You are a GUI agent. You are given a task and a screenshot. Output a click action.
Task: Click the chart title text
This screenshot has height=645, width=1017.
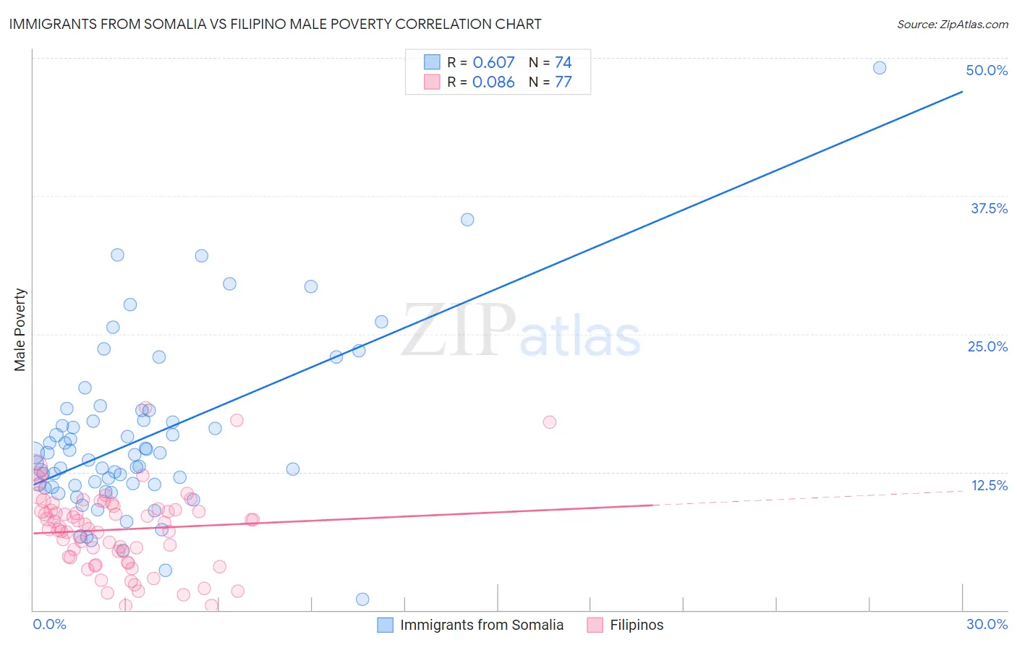coord(275,24)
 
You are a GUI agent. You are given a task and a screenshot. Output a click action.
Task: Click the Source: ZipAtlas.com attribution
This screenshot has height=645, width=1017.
coord(952,24)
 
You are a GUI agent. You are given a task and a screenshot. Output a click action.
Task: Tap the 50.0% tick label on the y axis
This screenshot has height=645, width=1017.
coord(987,70)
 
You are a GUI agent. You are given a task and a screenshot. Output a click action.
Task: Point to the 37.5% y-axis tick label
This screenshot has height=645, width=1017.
coord(989,208)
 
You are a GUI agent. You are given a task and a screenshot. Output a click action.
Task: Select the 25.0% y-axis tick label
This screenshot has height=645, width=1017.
coord(987,346)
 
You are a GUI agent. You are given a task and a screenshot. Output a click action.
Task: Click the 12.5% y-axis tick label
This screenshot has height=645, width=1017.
coord(989,485)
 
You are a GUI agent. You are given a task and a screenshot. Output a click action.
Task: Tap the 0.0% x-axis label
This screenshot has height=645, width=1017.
coord(49,624)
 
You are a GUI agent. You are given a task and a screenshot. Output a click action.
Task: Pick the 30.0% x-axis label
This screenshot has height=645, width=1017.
coord(987,624)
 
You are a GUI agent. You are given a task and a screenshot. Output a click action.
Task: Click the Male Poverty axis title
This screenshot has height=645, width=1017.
coord(20,330)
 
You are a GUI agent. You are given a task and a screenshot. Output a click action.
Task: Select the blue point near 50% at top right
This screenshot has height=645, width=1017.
coord(880,68)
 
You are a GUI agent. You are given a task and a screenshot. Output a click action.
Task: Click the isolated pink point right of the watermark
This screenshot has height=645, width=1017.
coord(550,422)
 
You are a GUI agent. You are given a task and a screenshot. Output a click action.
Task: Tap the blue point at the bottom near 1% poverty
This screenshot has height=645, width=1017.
coord(362,599)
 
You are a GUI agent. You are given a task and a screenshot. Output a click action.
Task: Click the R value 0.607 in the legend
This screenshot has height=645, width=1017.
coord(493,62)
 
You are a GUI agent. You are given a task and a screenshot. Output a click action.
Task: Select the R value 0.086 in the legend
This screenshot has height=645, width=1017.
coord(493,82)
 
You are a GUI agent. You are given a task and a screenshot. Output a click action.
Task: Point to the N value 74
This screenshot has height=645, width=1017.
coord(563,62)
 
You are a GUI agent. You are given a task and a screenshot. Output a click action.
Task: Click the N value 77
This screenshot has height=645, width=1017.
coord(563,82)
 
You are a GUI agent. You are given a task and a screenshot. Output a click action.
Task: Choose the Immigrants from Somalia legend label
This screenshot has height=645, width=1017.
coord(482,625)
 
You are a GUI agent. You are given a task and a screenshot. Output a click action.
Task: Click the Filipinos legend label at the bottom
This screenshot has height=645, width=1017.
coord(637,625)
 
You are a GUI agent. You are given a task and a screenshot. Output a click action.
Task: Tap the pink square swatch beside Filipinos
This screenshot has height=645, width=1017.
coord(595,625)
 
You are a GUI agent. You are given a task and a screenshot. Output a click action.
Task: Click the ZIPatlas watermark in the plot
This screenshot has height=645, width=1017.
coord(521,331)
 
